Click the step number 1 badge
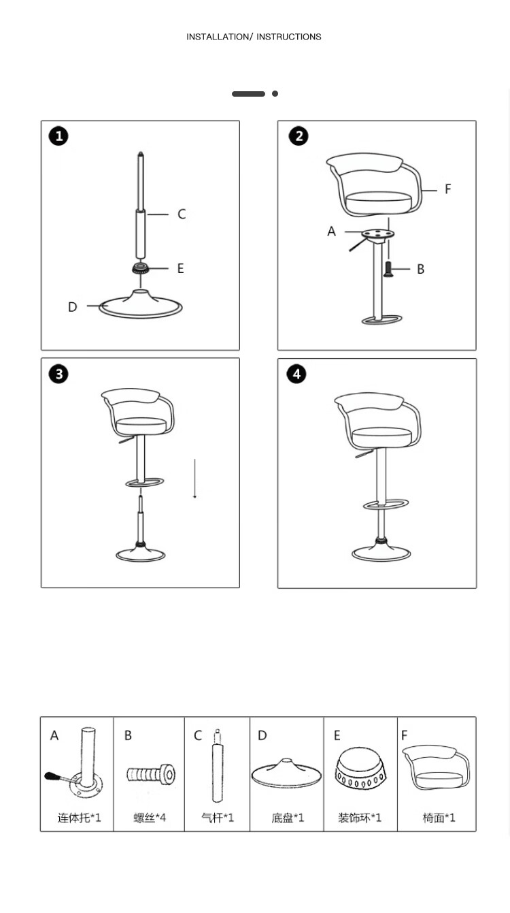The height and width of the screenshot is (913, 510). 58,135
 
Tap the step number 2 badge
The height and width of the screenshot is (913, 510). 299,135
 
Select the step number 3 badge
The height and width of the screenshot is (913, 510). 58,374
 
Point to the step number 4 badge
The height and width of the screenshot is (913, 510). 296,374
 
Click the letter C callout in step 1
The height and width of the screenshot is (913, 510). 182,214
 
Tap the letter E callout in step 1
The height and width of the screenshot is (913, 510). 181,268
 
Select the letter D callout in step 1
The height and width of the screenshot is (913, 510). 73,306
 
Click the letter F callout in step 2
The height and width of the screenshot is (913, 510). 447,189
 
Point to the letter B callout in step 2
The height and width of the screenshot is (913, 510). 421,269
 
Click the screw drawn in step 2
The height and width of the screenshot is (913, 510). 388,270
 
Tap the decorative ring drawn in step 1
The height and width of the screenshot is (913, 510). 141,268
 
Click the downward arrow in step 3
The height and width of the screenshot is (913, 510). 194,479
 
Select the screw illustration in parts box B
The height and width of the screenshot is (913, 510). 151,773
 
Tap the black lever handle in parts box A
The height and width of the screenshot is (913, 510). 52,776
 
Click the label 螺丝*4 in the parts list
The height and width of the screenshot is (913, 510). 150,817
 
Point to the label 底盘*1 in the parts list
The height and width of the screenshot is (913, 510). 288,817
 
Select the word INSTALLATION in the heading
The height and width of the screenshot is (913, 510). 218,37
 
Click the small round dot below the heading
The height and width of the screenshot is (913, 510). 275,93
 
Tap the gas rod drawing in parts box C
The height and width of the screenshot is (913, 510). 218,766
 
